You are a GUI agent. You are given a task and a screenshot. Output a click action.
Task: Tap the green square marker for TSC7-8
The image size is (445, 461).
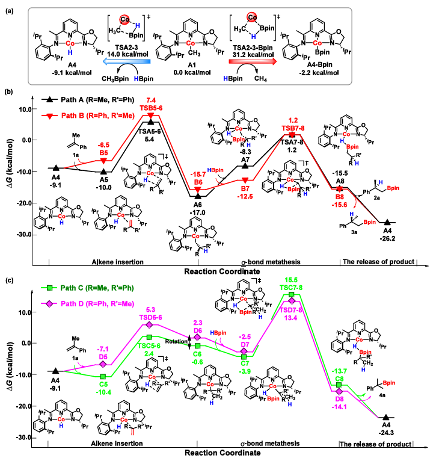pos(292,294)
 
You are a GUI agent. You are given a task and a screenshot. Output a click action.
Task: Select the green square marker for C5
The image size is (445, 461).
pos(103,376)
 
